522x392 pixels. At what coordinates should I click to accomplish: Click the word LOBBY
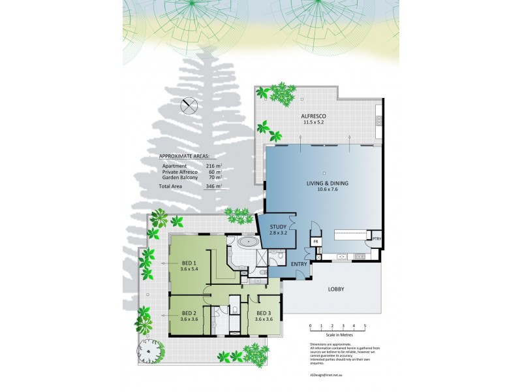pos(336,289)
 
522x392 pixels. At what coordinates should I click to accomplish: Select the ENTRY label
pos(299,263)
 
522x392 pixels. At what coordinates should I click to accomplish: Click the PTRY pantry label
pos(376,240)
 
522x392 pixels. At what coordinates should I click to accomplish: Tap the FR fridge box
pos(316,242)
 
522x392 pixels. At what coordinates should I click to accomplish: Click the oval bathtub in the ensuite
pos(249,243)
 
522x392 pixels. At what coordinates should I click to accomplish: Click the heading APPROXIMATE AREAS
pos(190,157)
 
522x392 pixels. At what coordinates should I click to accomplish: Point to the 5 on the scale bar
pos(365,325)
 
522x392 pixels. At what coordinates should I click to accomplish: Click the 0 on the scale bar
pos(311,325)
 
